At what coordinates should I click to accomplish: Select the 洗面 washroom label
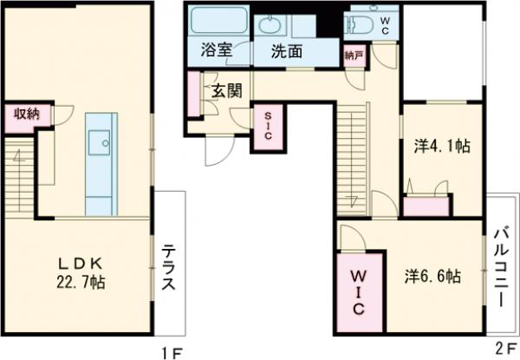click(286, 50)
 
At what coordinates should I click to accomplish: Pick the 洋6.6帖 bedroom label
click(431, 277)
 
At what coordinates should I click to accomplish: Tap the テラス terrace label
click(169, 266)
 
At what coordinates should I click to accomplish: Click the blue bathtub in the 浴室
click(217, 22)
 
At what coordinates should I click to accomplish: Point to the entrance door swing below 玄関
click(217, 152)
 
